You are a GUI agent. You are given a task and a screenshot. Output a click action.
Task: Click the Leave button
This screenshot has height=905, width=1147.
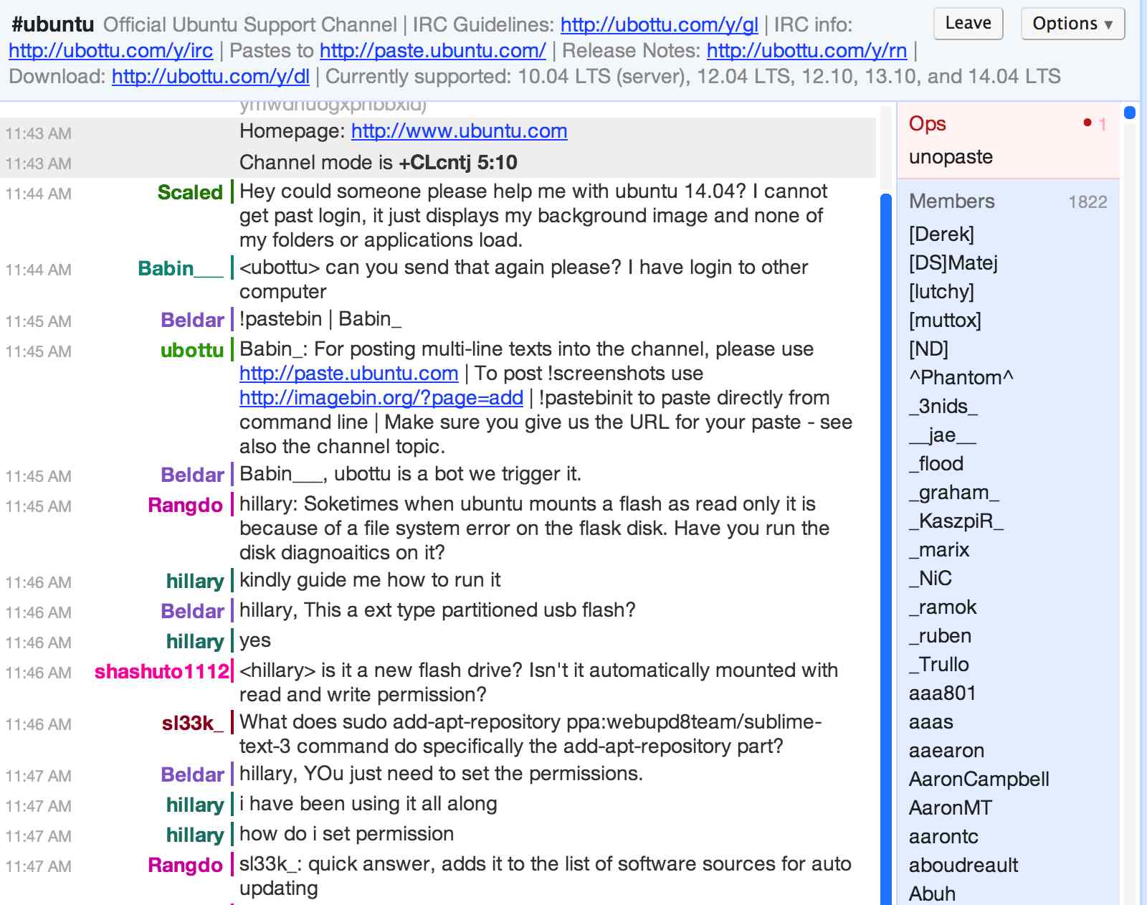pyautogui.click(x=968, y=24)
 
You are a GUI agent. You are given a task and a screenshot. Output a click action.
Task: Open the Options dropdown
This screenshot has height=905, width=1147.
pyautogui.click(x=1072, y=24)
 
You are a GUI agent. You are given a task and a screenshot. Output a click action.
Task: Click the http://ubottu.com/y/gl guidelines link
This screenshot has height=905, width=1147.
pyautogui.click(x=659, y=25)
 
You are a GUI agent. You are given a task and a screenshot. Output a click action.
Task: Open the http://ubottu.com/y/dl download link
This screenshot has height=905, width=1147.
pyautogui.click(x=211, y=77)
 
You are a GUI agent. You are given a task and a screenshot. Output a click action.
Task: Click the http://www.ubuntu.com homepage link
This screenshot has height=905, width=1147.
pyautogui.click(x=459, y=131)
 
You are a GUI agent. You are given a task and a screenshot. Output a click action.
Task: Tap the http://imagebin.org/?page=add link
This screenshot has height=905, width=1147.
pyautogui.click(x=381, y=398)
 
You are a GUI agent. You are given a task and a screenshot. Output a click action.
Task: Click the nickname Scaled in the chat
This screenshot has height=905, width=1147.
pyautogui.click(x=190, y=192)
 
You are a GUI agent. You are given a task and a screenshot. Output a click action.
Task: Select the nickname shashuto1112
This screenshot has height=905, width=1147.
pyautogui.click(x=162, y=671)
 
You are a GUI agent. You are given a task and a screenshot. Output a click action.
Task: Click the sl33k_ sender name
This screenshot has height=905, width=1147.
pyautogui.click(x=192, y=723)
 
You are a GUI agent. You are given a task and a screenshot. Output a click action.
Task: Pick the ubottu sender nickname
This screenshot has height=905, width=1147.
pyautogui.click(x=192, y=350)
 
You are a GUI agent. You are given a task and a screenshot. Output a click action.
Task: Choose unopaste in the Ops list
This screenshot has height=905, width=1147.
pyautogui.click(x=951, y=157)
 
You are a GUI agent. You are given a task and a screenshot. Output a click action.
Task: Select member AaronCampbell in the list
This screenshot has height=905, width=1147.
pyautogui.click(x=979, y=780)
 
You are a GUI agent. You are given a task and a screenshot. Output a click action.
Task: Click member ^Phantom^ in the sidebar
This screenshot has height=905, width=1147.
pyautogui.click(x=961, y=378)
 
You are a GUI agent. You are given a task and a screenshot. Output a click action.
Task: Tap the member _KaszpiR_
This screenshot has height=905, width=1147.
pyautogui.click(x=956, y=521)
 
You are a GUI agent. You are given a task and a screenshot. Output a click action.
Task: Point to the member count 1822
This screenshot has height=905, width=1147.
pyautogui.click(x=1087, y=202)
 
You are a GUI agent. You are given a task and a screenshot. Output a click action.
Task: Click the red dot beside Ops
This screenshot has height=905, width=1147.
pyautogui.click(x=1087, y=123)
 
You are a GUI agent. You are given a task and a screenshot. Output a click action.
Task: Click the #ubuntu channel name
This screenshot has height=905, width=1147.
pyautogui.click(x=53, y=25)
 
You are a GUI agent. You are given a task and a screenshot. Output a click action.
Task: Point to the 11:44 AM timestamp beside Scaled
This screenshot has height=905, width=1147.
pyautogui.click(x=39, y=194)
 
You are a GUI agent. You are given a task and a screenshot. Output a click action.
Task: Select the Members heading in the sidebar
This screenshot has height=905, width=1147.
pyautogui.click(x=951, y=202)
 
